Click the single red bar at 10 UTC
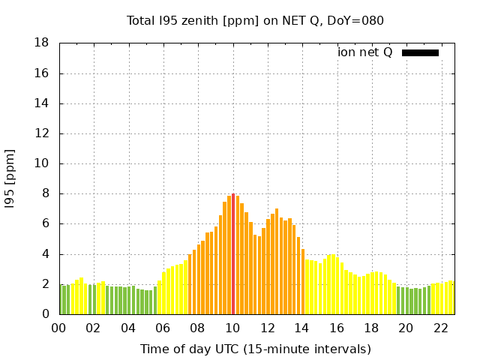point(233,255)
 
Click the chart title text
point(255,20)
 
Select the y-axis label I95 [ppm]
point(10,178)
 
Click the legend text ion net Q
point(364,52)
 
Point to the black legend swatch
point(420,52)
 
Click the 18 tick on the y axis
point(42,43)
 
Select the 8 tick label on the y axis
point(45,193)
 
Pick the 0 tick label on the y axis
point(45,314)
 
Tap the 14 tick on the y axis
point(42,103)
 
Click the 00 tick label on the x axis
point(59,328)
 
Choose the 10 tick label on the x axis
point(232,328)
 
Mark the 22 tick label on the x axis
point(440,328)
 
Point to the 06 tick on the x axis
point(163,328)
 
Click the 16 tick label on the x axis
point(337,328)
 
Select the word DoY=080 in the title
point(355,20)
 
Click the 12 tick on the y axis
point(42,133)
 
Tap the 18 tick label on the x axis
point(371,328)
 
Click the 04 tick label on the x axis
point(128,328)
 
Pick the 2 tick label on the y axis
point(45,284)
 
